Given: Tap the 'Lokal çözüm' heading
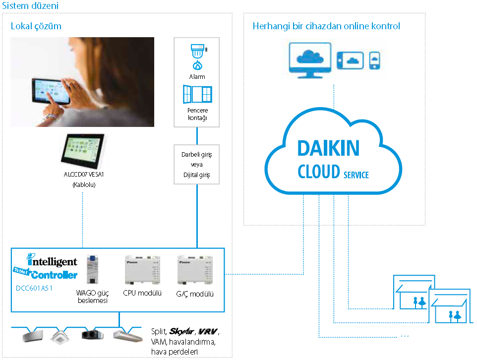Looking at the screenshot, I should [36, 26].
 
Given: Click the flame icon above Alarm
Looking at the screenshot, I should [197, 65].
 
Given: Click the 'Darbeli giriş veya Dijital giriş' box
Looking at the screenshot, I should [197, 164].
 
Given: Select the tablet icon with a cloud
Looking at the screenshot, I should [351, 60].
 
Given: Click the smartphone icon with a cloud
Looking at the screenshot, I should [375, 60].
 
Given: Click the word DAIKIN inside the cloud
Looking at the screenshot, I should [328, 148].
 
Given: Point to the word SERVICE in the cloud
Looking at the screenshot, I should [356, 175].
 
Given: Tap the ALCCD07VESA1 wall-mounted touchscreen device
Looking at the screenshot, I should [83, 149].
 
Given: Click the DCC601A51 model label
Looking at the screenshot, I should [34, 288].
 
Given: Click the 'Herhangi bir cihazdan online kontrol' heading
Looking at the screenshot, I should [326, 26].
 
